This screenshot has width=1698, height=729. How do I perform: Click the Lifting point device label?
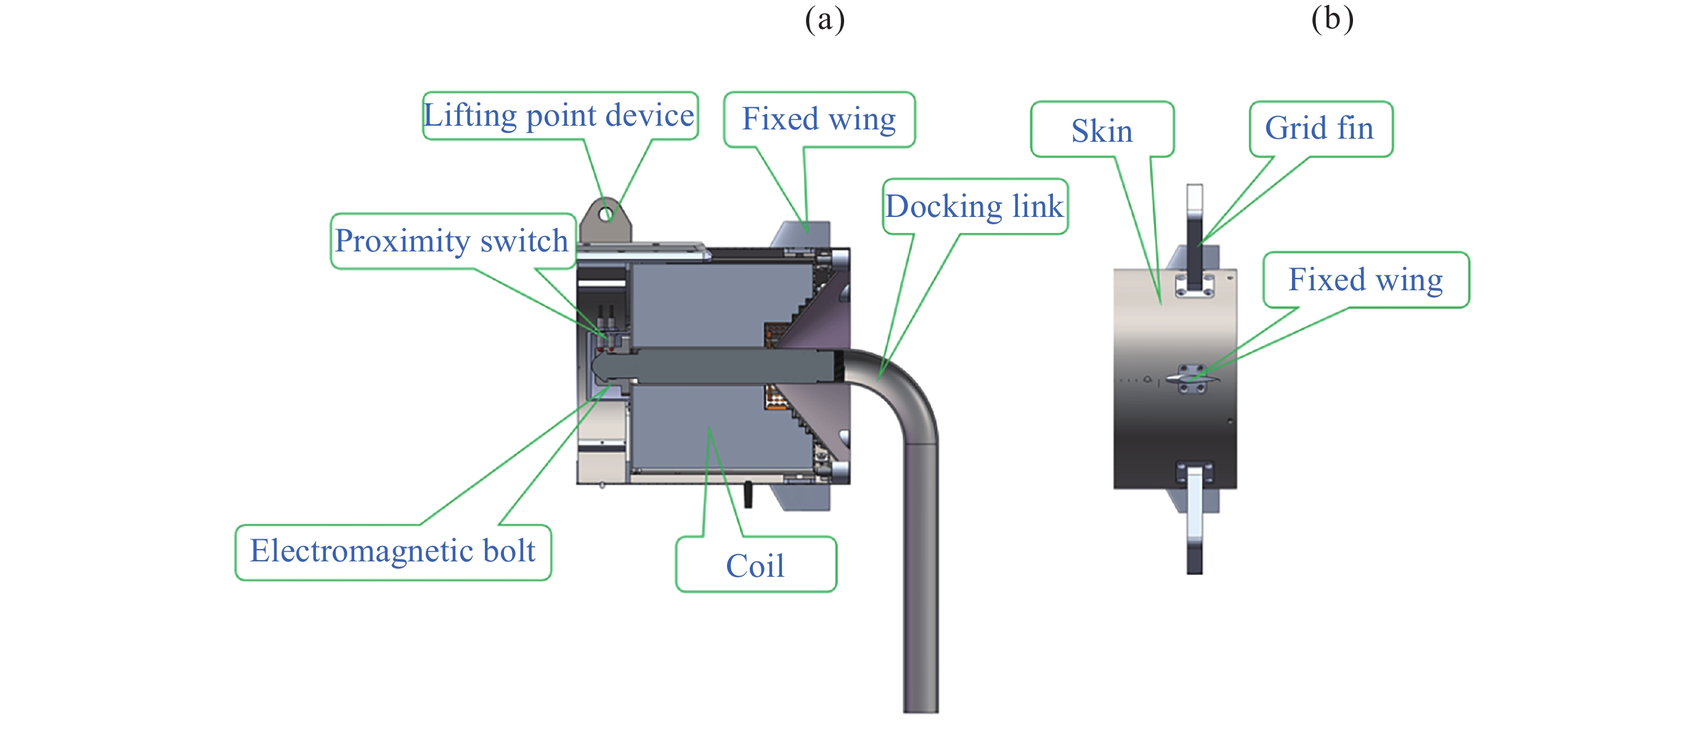point(559,116)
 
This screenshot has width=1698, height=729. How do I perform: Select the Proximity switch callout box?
point(452,240)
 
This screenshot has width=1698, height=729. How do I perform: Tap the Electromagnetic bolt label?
point(393,552)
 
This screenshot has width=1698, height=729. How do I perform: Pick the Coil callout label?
point(755,566)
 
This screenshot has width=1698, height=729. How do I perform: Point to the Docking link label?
point(974,206)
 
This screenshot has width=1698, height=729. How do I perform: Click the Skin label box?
point(1102,130)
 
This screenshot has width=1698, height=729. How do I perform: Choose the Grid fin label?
point(1320,128)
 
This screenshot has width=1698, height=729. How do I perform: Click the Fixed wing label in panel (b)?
point(1365,280)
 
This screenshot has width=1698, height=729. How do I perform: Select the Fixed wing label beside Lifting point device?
point(819,120)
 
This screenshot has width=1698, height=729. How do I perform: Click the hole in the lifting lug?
point(606,214)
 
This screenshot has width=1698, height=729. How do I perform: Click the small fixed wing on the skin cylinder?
point(1192,379)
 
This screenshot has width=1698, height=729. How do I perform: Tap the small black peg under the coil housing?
point(748,495)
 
